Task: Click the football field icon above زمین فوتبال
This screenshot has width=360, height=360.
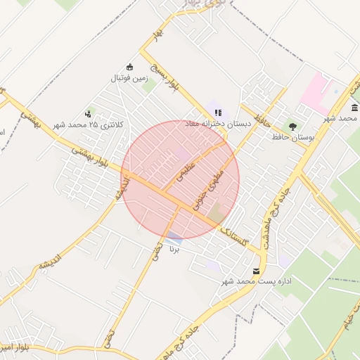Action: [129, 67]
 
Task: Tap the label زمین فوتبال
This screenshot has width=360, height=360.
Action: [129, 79]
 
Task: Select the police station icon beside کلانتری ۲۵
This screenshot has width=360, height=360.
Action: [89, 113]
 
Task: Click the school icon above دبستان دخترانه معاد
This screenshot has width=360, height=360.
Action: [218, 112]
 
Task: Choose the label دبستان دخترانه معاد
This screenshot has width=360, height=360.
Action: [218, 123]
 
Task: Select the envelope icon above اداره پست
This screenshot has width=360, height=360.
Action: [255, 271]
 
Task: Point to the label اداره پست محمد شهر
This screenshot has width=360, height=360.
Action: [255, 281]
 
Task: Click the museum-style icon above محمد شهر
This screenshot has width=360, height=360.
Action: [354, 107]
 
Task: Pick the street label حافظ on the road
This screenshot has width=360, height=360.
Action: [263, 112]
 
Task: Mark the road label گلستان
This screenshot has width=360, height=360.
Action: [234, 236]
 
